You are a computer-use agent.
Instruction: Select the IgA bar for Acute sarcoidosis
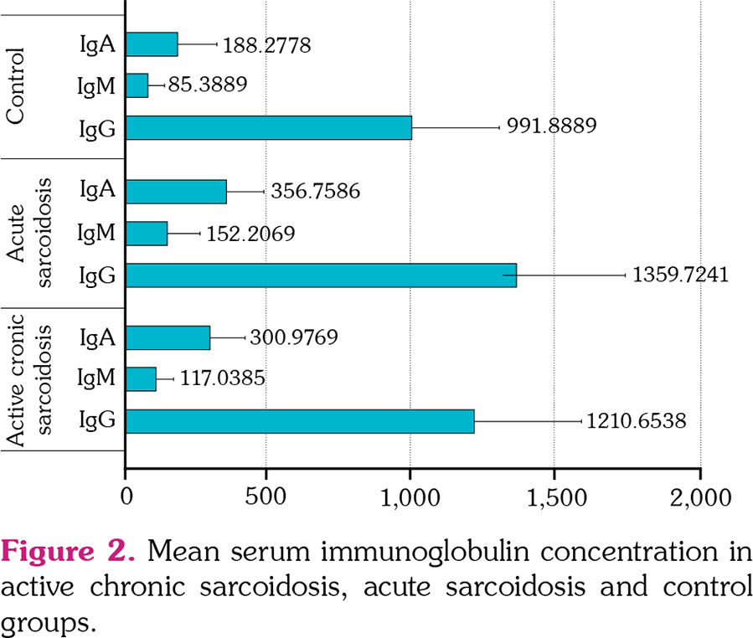click(x=176, y=191)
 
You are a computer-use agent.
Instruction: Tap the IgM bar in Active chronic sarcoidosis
click(x=141, y=379)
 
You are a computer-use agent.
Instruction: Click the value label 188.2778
click(x=267, y=44)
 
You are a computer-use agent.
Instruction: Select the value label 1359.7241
click(x=680, y=275)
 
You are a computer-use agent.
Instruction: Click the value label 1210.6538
click(x=635, y=421)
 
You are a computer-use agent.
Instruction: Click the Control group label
click(x=16, y=85)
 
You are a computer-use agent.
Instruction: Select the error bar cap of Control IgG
click(x=499, y=127)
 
